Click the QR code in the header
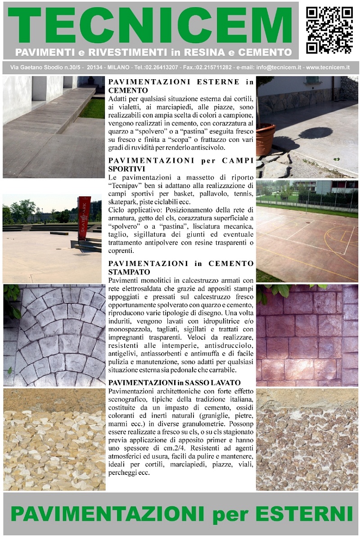[329, 30]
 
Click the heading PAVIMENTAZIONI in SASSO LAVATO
[167, 382]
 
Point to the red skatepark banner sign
[84, 219]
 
